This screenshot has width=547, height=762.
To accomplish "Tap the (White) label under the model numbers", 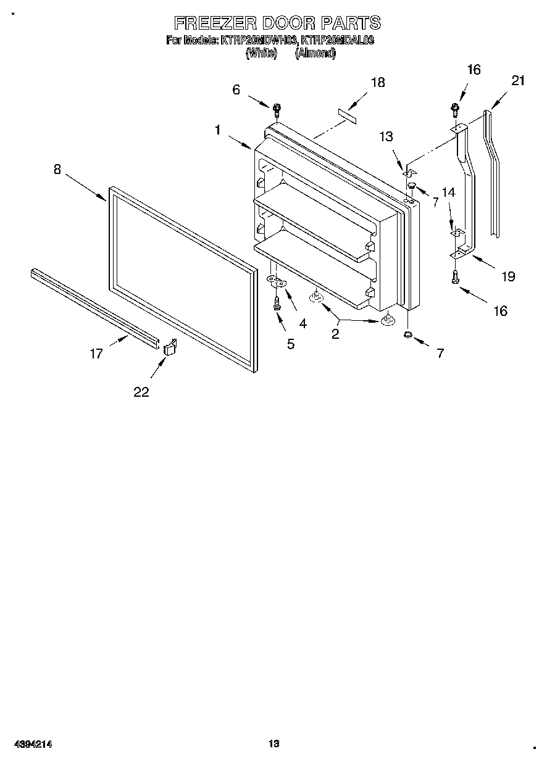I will (257, 54).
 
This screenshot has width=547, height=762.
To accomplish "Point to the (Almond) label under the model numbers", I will (315, 54).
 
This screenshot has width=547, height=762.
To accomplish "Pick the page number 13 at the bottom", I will (273, 744).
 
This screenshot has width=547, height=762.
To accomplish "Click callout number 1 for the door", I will (218, 130).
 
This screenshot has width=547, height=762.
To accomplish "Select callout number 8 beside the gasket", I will (57, 169).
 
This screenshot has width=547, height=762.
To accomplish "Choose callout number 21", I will (517, 80).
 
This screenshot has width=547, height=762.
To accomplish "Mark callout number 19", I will (507, 276).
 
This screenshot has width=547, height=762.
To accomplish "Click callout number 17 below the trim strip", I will (96, 354).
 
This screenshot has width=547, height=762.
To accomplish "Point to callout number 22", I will (141, 392).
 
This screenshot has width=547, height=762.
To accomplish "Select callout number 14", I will (448, 193).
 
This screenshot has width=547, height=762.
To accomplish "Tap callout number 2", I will (335, 334).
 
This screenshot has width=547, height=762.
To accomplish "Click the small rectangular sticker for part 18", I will (346, 115).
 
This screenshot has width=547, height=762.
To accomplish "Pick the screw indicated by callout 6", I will (277, 110).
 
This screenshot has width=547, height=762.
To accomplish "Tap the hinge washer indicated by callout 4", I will (275, 282).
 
